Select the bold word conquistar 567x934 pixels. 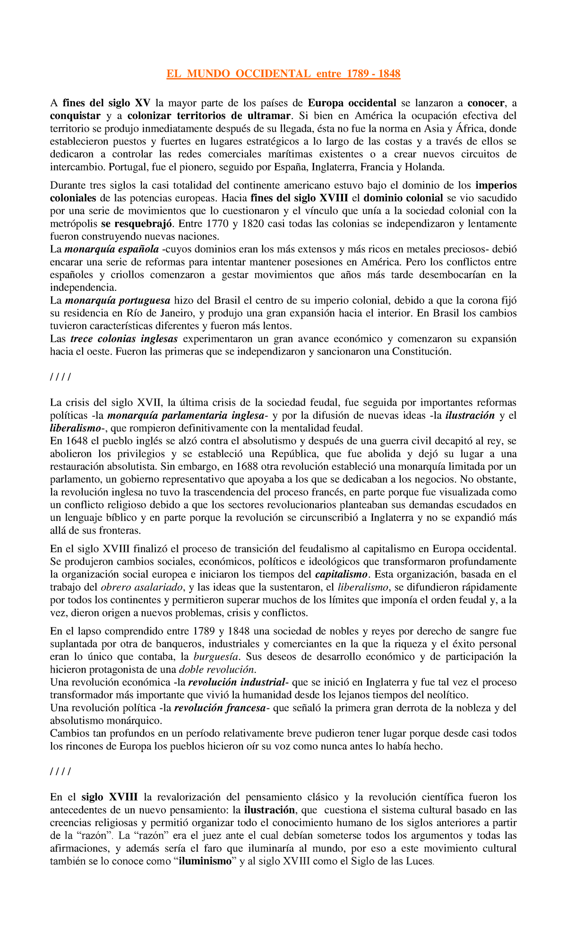click(x=75, y=116)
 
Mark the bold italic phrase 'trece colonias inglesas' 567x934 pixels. click(x=124, y=338)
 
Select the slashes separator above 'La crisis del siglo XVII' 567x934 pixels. click(x=60, y=377)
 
